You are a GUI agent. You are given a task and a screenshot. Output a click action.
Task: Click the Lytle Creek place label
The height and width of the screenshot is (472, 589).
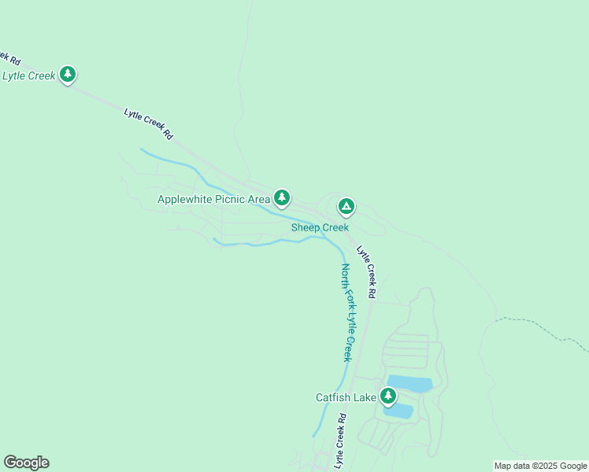coord(29,76)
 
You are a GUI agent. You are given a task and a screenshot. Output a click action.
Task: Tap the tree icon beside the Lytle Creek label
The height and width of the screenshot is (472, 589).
coord(68,75)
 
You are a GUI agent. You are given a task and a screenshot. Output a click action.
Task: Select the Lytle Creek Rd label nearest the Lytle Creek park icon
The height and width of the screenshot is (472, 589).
coord(148,124)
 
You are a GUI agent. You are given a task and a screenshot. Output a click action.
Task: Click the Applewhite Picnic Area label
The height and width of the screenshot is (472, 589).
coord(213,199)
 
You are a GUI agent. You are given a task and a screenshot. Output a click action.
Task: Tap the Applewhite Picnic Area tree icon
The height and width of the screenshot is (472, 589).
coord(282,197)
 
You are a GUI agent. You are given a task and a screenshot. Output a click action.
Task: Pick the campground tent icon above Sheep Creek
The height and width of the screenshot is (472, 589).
coord(346,207)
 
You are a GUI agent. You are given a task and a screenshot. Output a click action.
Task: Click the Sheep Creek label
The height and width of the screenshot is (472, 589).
coord(320,227)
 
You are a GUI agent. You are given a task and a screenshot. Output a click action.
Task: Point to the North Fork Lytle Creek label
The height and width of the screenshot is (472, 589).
coord(348,312)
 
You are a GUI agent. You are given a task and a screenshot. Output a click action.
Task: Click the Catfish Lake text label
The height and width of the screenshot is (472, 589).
coord(346,397)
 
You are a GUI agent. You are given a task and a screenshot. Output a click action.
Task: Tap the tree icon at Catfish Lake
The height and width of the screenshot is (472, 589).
coord(387,396)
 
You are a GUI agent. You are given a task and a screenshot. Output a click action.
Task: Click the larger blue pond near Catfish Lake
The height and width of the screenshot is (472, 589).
coord(409,384)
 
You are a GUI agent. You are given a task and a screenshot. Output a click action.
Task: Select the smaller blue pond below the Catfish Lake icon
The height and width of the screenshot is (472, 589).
coord(399,411)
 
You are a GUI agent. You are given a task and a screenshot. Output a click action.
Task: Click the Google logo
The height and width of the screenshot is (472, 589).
coord(26,463)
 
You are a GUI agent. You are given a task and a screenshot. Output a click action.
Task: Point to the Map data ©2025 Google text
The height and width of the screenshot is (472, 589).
coord(540,466)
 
